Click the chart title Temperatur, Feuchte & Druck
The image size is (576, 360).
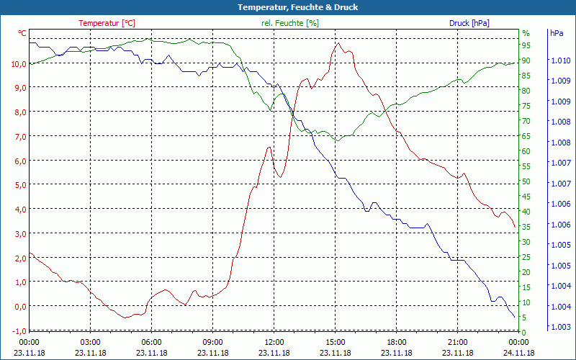[x=288, y=7]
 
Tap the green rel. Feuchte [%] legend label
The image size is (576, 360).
[x=290, y=23]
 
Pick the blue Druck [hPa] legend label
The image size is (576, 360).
[x=469, y=23]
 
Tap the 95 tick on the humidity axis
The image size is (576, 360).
[x=526, y=45]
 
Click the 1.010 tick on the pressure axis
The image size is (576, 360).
[x=559, y=60]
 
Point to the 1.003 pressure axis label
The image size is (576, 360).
[x=559, y=327]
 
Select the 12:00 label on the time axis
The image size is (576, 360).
[x=274, y=342]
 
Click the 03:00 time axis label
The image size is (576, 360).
[x=90, y=342]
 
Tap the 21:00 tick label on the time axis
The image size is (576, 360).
[x=457, y=342]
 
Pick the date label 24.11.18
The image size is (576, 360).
[x=518, y=353]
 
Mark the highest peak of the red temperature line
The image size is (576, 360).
[x=338, y=43]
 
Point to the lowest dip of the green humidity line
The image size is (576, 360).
[x=336, y=140]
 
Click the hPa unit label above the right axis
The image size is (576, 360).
[x=556, y=33]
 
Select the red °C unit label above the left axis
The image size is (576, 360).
[x=22, y=33]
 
